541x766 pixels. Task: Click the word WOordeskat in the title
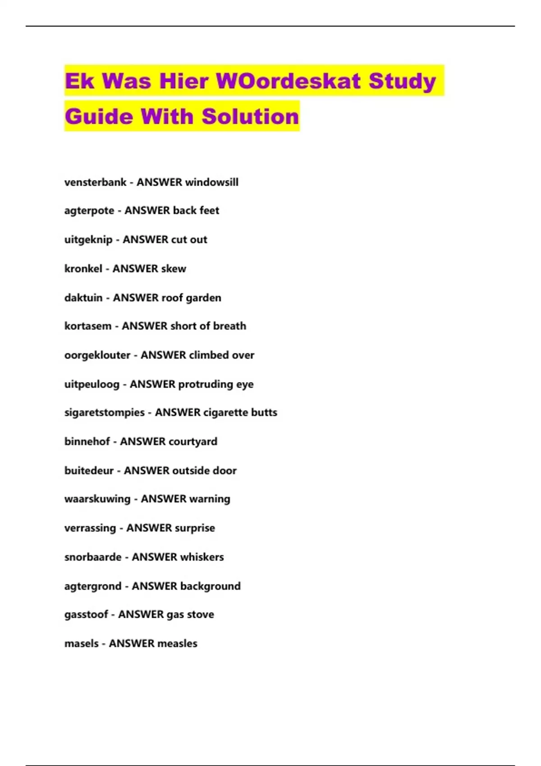289,81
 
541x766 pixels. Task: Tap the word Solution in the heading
250,116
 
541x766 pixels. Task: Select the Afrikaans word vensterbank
95,182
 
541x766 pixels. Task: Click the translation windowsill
212,182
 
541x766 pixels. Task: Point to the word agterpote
89,211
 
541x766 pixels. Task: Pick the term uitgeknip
88,240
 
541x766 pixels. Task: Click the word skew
174,269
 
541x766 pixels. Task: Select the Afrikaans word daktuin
83,298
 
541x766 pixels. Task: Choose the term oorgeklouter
97,355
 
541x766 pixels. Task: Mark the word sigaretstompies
105,412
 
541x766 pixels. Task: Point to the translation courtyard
193,442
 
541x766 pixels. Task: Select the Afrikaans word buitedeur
89,470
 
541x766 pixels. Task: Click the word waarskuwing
97,499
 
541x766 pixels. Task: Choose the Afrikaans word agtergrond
93,586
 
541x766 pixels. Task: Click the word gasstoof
86,615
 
